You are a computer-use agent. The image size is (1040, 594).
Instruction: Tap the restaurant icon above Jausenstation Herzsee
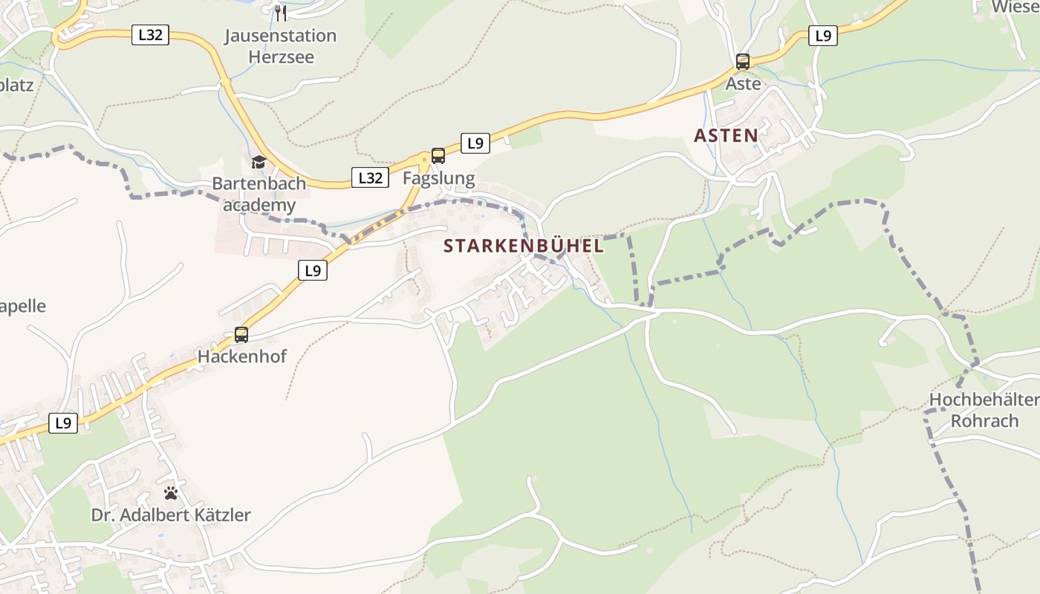click(281, 13)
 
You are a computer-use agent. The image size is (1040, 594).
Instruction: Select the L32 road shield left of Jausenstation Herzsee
click(150, 35)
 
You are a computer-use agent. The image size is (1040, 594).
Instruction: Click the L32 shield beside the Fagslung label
click(370, 177)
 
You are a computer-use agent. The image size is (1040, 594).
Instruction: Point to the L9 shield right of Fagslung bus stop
click(475, 143)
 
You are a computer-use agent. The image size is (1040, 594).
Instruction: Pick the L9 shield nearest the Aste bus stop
click(823, 36)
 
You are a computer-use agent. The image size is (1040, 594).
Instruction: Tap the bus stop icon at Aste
click(743, 62)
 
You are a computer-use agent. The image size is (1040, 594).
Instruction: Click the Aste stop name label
click(743, 84)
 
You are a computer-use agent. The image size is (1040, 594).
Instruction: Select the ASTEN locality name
click(726, 136)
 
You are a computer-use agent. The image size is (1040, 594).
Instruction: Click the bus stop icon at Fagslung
click(438, 156)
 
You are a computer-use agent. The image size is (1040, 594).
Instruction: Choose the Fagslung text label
click(438, 178)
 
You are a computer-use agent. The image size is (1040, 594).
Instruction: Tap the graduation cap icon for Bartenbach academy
click(259, 162)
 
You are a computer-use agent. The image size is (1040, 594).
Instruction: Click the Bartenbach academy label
click(259, 194)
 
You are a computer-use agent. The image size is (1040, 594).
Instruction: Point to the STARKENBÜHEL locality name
click(524, 247)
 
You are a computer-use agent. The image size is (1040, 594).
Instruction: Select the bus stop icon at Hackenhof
click(241, 335)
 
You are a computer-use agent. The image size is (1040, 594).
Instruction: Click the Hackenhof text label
click(241, 357)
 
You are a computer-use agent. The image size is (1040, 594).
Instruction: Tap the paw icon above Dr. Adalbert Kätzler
click(171, 493)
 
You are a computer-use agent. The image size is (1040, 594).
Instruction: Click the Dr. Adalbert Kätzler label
click(171, 515)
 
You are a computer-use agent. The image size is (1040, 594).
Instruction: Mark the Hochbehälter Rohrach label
click(984, 411)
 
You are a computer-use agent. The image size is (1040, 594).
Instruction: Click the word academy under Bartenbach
click(259, 206)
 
